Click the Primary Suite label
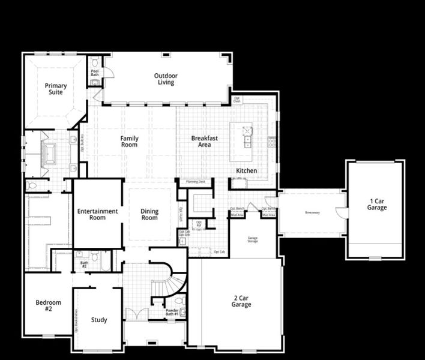pyautogui.click(x=56, y=89)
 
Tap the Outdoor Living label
pyautogui.click(x=166, y=79)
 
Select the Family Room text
pyautogui.click(x=129, y=142)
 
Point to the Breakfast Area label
pyautogui.click(x=205, y=141)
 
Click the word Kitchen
pyautogui.click(x=246, y=171)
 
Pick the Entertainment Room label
pyautogui.click(x=97, y=214)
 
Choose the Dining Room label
pyautogui.click(x=149, y=214)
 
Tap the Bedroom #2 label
pyautogui.click(x=44, y=306)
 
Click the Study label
pyautogui.click(x=99, y=320)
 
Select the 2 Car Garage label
pyautogui.click(x=241, y=301)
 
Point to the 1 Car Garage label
pyautogui.click(x=377, y=204)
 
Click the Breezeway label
pyautogui.click(x=312, y=212)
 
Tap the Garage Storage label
pyautogui.click(x=253, y=239)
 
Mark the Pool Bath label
pyautogui.click(x=95, y=73)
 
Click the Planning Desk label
pyautogui.click(x=196, y=181)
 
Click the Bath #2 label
pyautogui.click(x=84, y=265)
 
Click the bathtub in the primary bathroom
pyautogui.click(x=48, y=154)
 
